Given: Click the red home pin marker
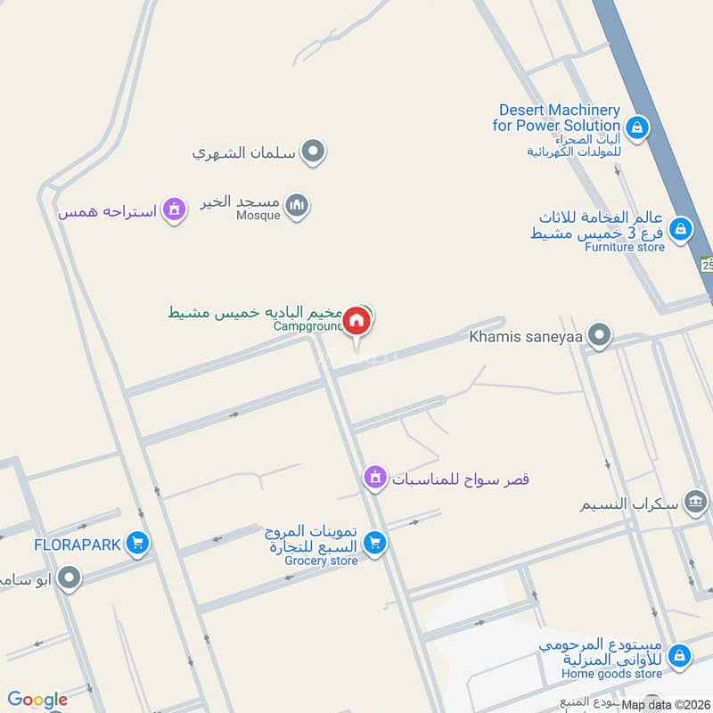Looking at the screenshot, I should coord(356,320).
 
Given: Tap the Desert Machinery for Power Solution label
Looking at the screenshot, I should coord(558,118).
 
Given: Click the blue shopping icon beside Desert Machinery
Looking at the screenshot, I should coord(636,128).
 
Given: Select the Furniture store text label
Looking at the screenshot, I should coord(625,247).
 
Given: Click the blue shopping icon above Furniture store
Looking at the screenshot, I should coord(681,229).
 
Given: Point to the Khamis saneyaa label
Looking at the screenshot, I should coord(529,336).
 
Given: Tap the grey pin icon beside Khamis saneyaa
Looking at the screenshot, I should coord(602,336).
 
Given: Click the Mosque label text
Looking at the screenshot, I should coord(258,215).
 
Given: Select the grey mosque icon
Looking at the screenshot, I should coord(298,207).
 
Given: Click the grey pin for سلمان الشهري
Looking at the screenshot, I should coord(312,152).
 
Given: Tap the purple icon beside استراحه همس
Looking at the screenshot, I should coord(175,211).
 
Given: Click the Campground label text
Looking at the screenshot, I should coord(307,327).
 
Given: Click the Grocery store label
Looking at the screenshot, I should coord(321,561).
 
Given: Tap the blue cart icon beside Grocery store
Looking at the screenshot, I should coord(375,543).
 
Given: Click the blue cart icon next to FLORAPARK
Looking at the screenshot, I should coord(136,543).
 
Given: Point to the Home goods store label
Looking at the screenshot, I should coord(611,674).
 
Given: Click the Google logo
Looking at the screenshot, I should coord(37,700).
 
